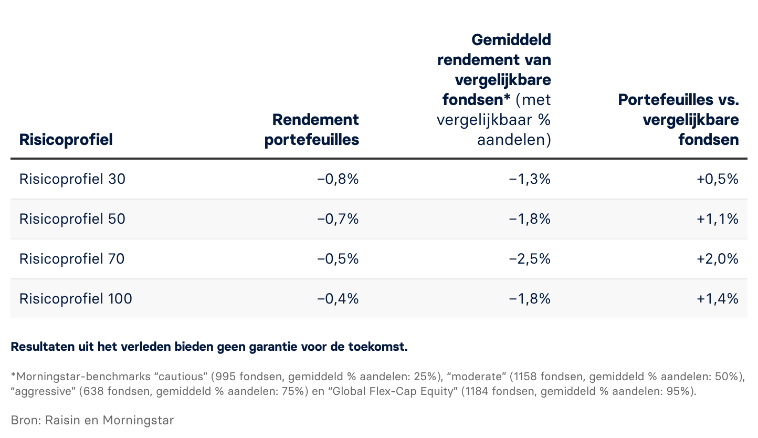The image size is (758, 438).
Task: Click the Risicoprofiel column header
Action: pyautogui.click(x=66, y=140)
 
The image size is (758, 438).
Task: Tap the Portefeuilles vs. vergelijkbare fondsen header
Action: pyautogui.click(x=678, y=119)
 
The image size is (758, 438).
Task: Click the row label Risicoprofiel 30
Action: pyautogui.click(x=72, y=179)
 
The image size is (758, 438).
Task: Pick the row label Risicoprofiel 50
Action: pyautogui.click(x=72, y=219)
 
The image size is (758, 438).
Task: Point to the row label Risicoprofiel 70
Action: pyautogui.click(x=72, y=259)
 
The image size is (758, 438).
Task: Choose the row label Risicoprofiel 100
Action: pyautogui.click(x=76, y=299)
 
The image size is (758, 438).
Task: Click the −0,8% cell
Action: pyautogui.click(x=338, y=179)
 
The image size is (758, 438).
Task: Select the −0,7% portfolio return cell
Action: pyautogui.click(x=338, y=219)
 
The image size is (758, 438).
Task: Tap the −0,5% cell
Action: pyautogui.click(x=338, y=259)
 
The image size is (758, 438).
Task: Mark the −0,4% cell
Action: pyautogui.click(x=338, y=299)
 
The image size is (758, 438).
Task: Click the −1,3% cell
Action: pyautogui.click(x=530, y=179)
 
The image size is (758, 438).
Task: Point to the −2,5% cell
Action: pyautogui.click(x=530, y=259)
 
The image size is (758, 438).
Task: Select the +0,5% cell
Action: pyautogui.click(x=718, y=179)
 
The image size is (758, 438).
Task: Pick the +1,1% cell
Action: pyautogui.click(x=718, y=219)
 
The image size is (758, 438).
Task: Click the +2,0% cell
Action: pyautogui.click(x=718, y=259)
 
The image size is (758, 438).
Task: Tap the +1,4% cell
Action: pyautogui.click(x=718, y=299)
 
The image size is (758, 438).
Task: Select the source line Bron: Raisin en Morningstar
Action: pyautogui.click(x=92, y=420)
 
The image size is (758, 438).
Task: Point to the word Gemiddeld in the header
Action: pyautogui.click(x=511, y=39)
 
